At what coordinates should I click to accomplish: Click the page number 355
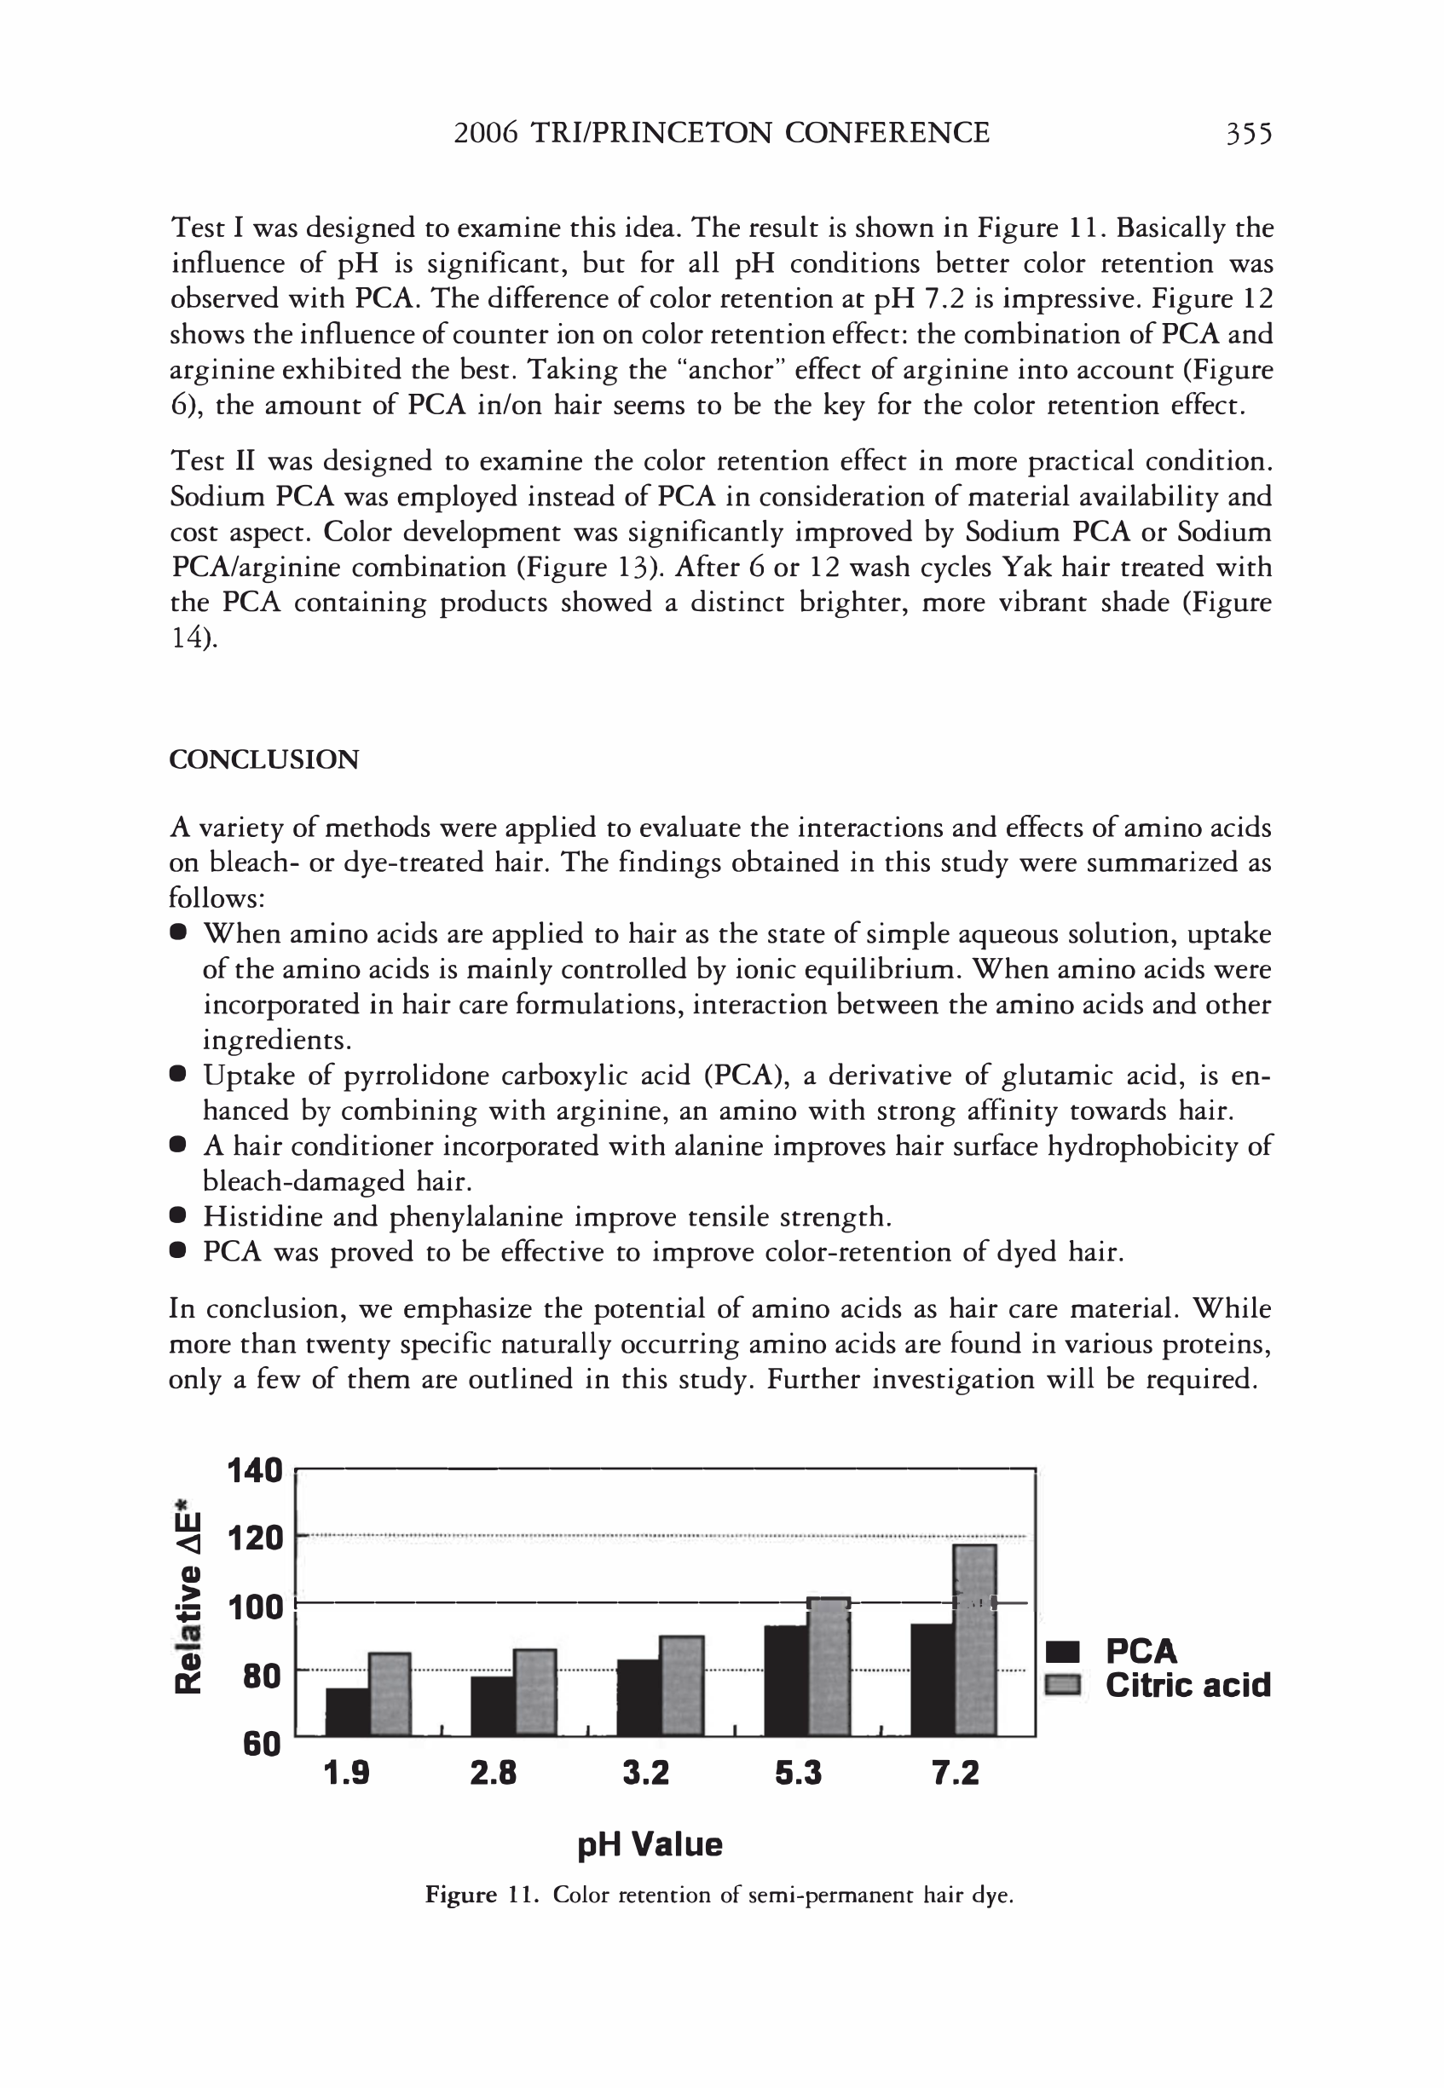coord(1248,134)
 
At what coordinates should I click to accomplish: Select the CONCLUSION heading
coord(264,759)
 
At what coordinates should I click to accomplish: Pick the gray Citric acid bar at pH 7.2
coord(975,1639)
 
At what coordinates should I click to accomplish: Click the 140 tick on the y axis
coord(255,1470)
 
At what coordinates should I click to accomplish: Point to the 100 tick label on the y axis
coord(255,1607)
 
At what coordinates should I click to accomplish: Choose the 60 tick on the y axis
coord(262,1744)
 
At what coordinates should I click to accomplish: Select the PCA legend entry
coord(1140,1651)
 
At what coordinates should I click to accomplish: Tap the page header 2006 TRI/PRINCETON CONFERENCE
coord(721,134)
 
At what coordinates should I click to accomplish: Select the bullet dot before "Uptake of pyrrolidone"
coord(178,1075)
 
